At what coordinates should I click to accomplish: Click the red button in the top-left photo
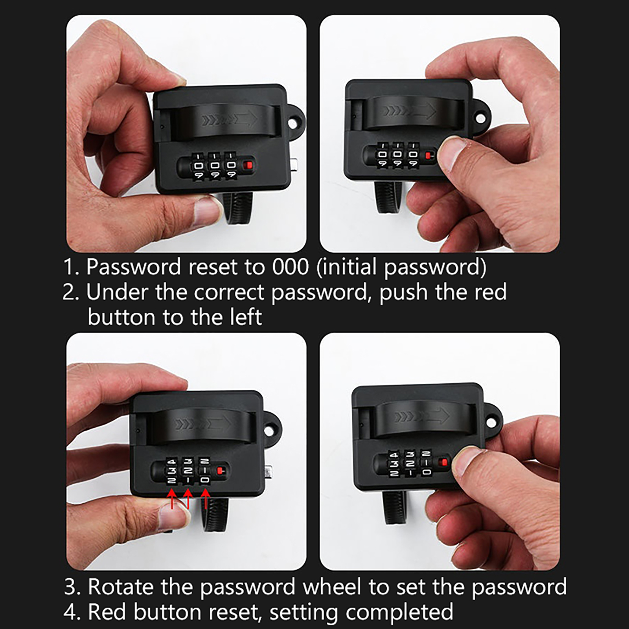(x=248, y=165)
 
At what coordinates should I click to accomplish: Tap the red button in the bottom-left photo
(x=221, y=469)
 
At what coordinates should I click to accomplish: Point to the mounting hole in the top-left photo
(x=293, y=123)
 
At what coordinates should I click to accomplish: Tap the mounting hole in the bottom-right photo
(x=491, y=422)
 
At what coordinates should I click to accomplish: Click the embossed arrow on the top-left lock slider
(x=230, y=120)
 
